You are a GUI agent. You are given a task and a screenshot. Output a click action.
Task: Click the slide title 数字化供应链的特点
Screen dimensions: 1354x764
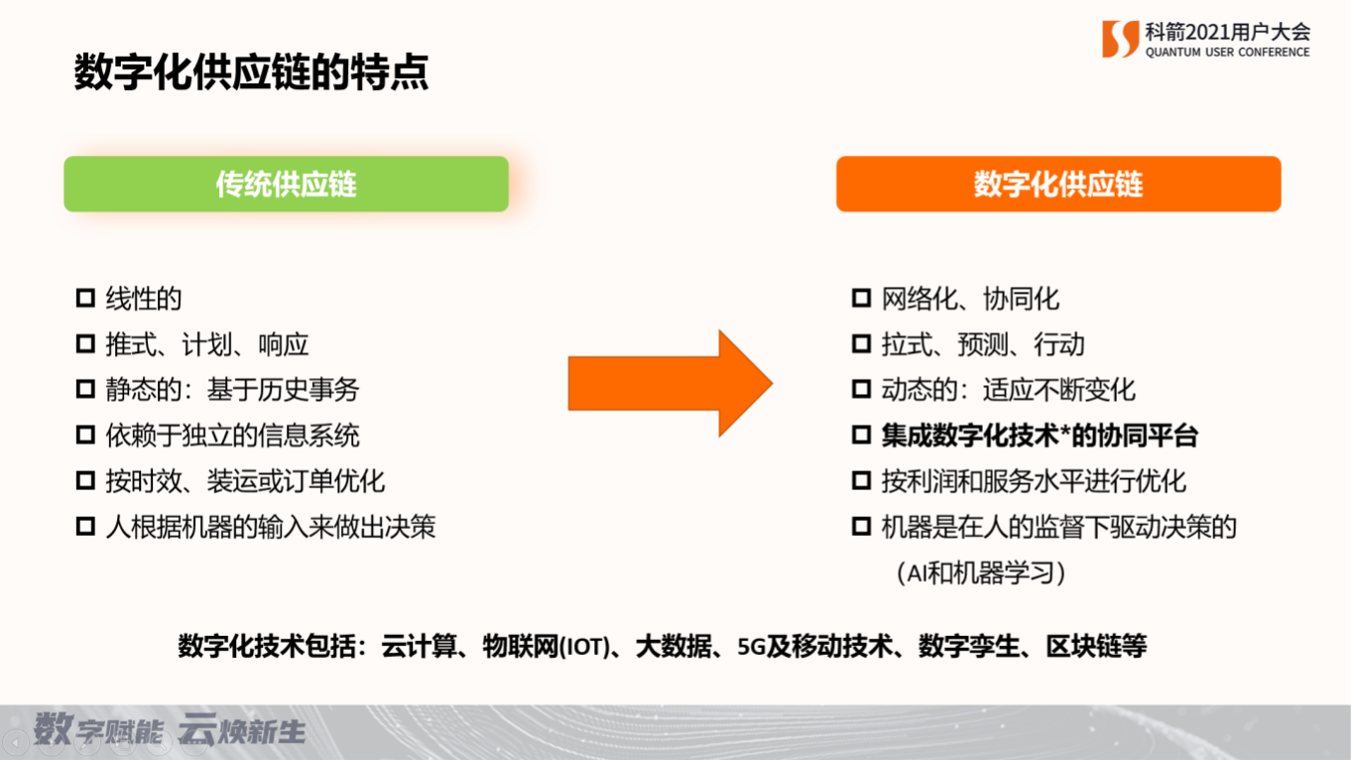pos(251,72)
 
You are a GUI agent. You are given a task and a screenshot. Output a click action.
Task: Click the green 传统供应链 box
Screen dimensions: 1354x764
pos(286,184)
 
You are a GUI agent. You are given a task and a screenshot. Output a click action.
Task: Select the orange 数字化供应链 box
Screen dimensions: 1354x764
pos(1058,184)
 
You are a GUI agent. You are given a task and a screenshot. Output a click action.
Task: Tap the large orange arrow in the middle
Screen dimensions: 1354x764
pos(670,383)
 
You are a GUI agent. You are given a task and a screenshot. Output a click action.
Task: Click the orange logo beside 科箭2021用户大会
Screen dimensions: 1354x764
pos(1120,39)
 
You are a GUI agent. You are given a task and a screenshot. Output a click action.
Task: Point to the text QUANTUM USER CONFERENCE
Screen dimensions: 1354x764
pos(1228,53)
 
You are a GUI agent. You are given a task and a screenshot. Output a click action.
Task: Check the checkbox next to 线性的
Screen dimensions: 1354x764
pos(85,298)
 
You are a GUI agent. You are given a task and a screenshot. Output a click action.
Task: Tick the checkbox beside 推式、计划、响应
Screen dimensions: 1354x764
pos(85,344)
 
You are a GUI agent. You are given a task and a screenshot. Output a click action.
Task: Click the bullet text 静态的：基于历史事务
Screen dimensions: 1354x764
pos(233,389)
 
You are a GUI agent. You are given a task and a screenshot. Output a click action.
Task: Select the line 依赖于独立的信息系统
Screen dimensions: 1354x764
pos(233,436)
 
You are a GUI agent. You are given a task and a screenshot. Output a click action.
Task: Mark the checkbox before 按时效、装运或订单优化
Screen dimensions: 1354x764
pos(85,481)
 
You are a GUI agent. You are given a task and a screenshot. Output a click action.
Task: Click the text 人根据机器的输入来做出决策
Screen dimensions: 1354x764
pos(271,527)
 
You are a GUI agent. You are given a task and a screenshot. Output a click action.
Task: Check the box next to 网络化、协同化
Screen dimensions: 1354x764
pos(861,298)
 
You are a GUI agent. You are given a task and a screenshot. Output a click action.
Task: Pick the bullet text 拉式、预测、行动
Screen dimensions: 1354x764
pos(983,344)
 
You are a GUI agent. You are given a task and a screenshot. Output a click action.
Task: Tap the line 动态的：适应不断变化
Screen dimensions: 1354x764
pos(1008,389)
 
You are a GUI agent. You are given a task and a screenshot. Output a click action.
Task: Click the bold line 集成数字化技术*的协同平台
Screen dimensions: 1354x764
pos(1040,436)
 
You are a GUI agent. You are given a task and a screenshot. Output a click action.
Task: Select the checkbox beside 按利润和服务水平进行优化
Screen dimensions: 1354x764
pos(861,481)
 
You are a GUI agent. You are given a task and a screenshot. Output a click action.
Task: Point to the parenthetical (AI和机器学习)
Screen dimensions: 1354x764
pos(980,573)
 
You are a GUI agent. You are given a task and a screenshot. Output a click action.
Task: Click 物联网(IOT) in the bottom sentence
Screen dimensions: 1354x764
pos(547,647)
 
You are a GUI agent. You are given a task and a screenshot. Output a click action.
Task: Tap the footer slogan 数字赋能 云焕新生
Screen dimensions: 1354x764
pos(170,729)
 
